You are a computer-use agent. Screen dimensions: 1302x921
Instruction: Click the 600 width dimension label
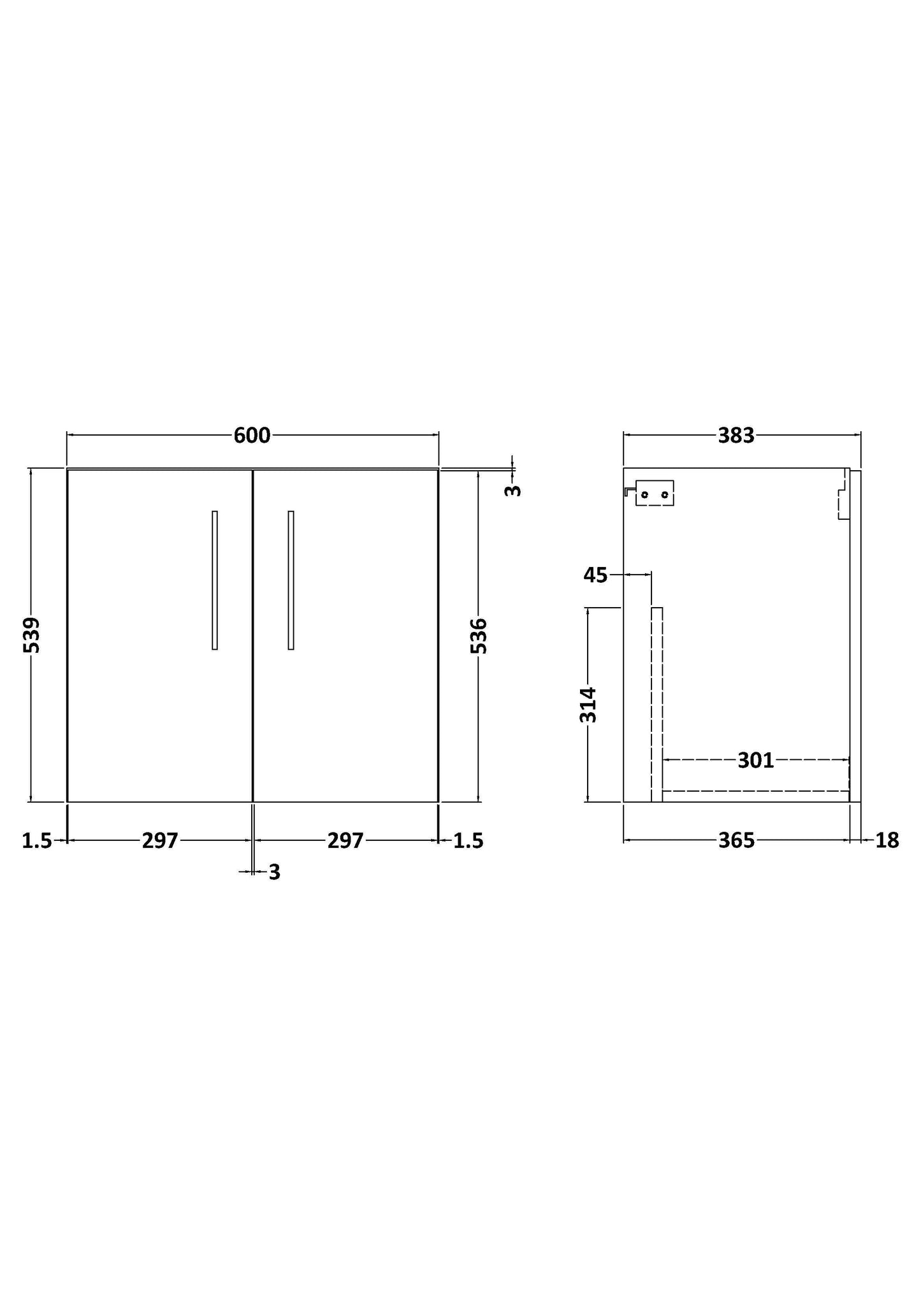[252, 436]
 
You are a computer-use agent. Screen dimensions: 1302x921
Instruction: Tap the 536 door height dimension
[479, 635]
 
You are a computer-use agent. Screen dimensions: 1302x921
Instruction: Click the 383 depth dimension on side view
[736, 436]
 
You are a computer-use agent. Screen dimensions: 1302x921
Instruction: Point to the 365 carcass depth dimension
[736, 841]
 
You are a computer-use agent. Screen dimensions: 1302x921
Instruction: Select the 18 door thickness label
[887, 841]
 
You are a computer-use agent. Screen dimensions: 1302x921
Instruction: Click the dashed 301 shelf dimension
[755, 760]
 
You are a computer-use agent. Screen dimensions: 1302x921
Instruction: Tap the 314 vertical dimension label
[588, 705]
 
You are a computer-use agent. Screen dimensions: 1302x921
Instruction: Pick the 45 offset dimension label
[595, 575]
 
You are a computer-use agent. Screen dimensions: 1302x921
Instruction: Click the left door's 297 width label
[160, 841]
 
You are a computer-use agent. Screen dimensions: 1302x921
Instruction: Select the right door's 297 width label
[345, 841]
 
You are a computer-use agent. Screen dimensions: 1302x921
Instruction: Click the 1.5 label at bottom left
[37, 841]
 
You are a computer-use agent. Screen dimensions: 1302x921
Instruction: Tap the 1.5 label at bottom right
[468, 841]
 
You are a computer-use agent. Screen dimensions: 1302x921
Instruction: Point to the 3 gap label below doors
[274, 872]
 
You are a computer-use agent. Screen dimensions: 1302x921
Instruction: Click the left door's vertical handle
[215, 580]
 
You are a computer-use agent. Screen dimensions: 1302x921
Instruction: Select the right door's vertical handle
[291, 580]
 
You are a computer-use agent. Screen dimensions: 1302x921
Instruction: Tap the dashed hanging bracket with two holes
[655, 493]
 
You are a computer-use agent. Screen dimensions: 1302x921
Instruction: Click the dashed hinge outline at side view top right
[843, 496]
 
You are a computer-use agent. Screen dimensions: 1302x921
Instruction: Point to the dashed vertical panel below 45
[656, 704]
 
